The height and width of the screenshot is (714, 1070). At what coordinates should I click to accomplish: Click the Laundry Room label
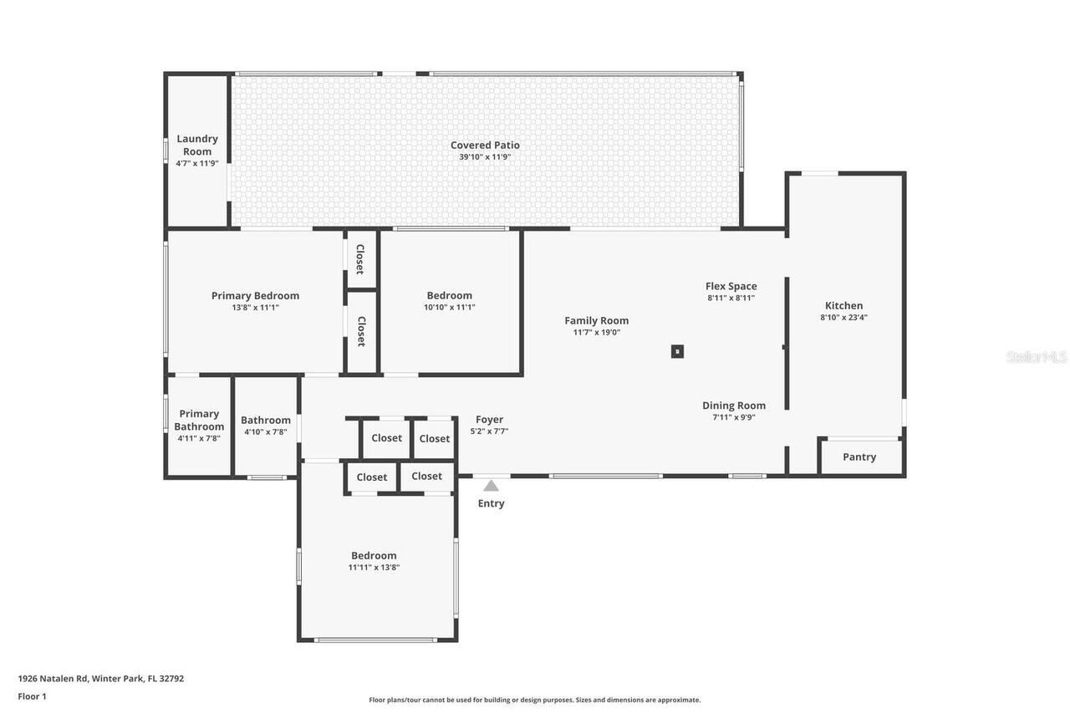[x=197, y=145]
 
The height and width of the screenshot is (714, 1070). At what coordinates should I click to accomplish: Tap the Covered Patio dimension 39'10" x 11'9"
[x=485, y=157]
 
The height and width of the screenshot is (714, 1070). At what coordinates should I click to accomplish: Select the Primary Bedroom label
[x=255, y=295]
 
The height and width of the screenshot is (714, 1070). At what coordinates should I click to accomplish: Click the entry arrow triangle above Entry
[x=491, y=486]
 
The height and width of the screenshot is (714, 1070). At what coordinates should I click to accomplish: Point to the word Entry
[x=491, y=503]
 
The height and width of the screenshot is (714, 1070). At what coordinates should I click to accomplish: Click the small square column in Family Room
[x=677, y=351]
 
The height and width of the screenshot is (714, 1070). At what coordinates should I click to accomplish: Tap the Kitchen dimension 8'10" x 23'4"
[x=843, y=318]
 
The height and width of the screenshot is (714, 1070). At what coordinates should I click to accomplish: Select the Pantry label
[x=859, y=456]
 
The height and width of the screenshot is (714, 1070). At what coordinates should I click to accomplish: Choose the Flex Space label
[x=731, y=286]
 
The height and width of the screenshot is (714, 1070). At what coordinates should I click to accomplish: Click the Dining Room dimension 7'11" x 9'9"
[x=734, y=417]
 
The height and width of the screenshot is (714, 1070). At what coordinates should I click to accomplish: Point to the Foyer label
[x=489, y=420]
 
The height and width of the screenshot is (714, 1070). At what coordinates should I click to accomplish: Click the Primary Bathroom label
[x=199, y=420]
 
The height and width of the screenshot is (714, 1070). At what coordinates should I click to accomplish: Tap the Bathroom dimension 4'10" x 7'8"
[x=266, y=432]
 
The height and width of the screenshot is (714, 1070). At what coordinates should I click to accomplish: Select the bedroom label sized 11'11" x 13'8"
[x=374, y=555]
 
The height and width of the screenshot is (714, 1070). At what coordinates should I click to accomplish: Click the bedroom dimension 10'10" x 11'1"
[x=450, y=308]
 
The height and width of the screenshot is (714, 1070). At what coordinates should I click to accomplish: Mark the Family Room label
[x=596, y=320]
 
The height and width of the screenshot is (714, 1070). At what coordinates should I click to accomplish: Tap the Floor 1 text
[x=32, y=696]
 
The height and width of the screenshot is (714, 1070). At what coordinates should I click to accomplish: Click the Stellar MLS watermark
[x=1036, y=357]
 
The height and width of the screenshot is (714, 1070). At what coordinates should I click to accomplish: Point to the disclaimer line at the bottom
[x=535, y=700]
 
